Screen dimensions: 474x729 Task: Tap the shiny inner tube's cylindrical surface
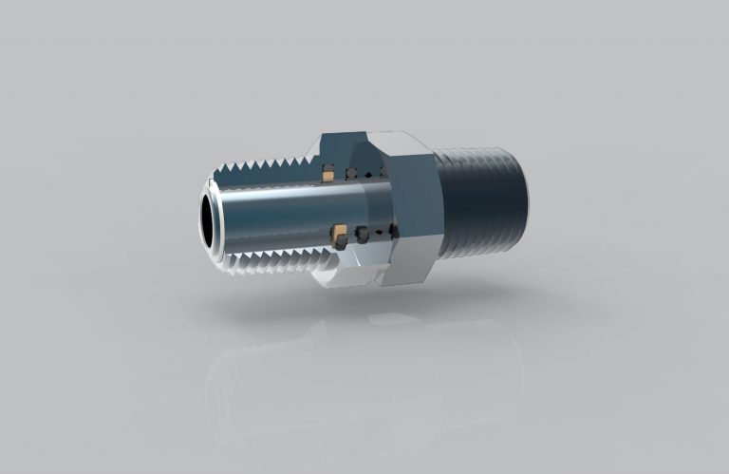tap(275, 214)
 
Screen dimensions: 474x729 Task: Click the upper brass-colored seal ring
tap(327, 174)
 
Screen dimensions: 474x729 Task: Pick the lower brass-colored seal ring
tap(339, 231)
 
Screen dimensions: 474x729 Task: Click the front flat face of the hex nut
tap(410, 214)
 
